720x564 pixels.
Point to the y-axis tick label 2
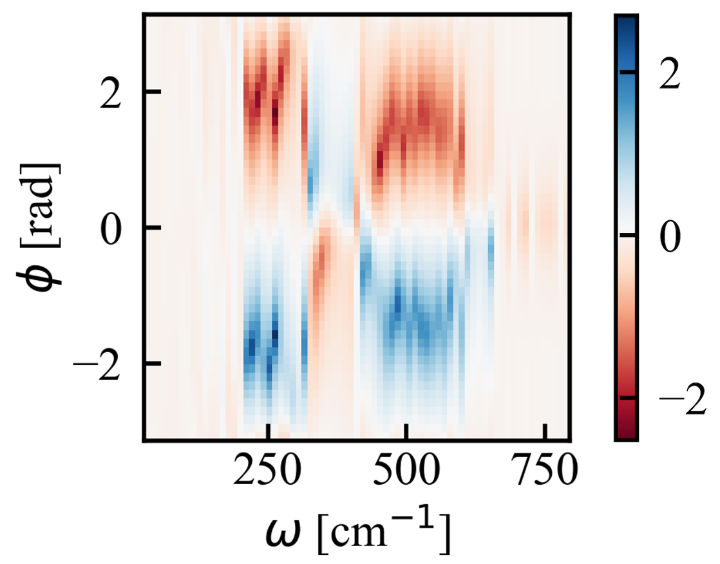point(115,92)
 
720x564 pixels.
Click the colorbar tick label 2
point(672,75)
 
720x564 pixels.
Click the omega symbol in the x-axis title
point(282,532)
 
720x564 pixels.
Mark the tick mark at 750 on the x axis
point(545,433)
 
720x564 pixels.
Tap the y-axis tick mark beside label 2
point(150,92)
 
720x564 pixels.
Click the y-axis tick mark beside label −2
point(150,364)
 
